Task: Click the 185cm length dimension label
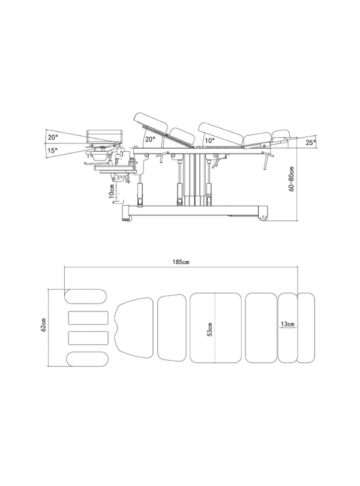point(181,262)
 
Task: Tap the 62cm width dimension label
point(44,325)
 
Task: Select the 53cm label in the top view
point(210,329)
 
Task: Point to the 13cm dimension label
point(287,324)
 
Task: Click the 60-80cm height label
point(292,179)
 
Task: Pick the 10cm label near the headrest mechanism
point(112,190)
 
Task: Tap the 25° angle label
point(310,142)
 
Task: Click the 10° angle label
point(209,140)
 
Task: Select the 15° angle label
point(52,151)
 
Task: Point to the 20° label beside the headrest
point(52,137)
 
